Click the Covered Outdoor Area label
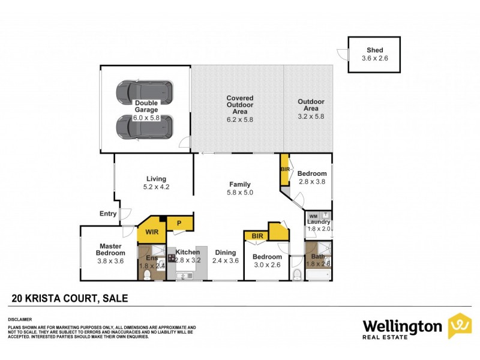(239, 104)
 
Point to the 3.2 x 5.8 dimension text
(311, 116)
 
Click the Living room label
(155, 178)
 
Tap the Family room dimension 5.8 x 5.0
(239, 193)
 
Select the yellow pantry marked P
(178, 223)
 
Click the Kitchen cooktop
(171, 259)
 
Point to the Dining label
(226, 253)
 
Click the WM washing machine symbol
(313, 216)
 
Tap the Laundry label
(319, 222)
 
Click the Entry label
(108, 213)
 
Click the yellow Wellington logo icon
(460, 326)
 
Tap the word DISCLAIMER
(19, 319)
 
